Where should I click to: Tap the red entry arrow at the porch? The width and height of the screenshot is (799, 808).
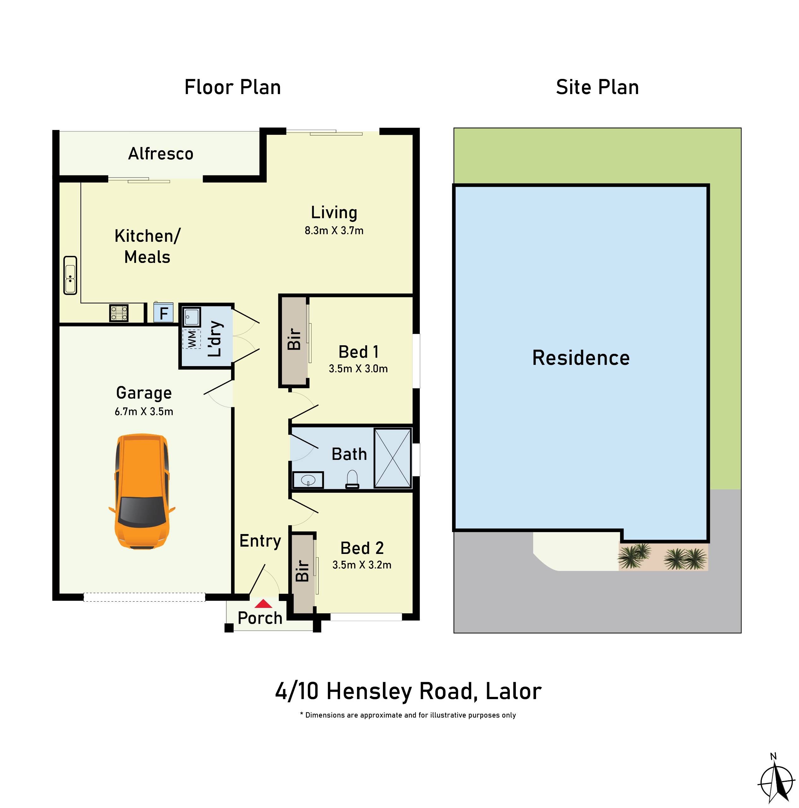tap(263, 603)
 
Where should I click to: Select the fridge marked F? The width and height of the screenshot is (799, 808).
tap(163, 313)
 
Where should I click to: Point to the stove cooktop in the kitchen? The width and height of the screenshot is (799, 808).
tap(118, 313)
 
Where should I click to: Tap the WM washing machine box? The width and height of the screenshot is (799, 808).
tap(192, 339)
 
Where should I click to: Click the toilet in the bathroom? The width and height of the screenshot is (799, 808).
tap(352, 479)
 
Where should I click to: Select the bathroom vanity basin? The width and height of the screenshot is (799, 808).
tap(308, 480)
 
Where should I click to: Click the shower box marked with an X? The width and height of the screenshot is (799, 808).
tap(392, 458)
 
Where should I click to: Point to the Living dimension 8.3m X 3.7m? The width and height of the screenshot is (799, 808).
tap(334, 230)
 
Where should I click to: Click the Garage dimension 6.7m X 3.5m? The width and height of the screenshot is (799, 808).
tap(144, 412)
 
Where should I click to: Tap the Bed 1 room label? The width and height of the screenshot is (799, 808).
tap(359, 352)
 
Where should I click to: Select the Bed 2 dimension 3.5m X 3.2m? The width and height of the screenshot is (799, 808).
tap(361, 565)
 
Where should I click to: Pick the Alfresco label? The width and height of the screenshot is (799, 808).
tap(161, 154)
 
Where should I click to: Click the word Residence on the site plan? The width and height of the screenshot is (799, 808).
tap(581, 358)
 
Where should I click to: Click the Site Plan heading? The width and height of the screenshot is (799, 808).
tap(597, 87)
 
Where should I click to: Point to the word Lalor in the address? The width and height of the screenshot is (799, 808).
tap(513, 691)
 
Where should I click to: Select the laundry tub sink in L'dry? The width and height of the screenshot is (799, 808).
tap(192, 317)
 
